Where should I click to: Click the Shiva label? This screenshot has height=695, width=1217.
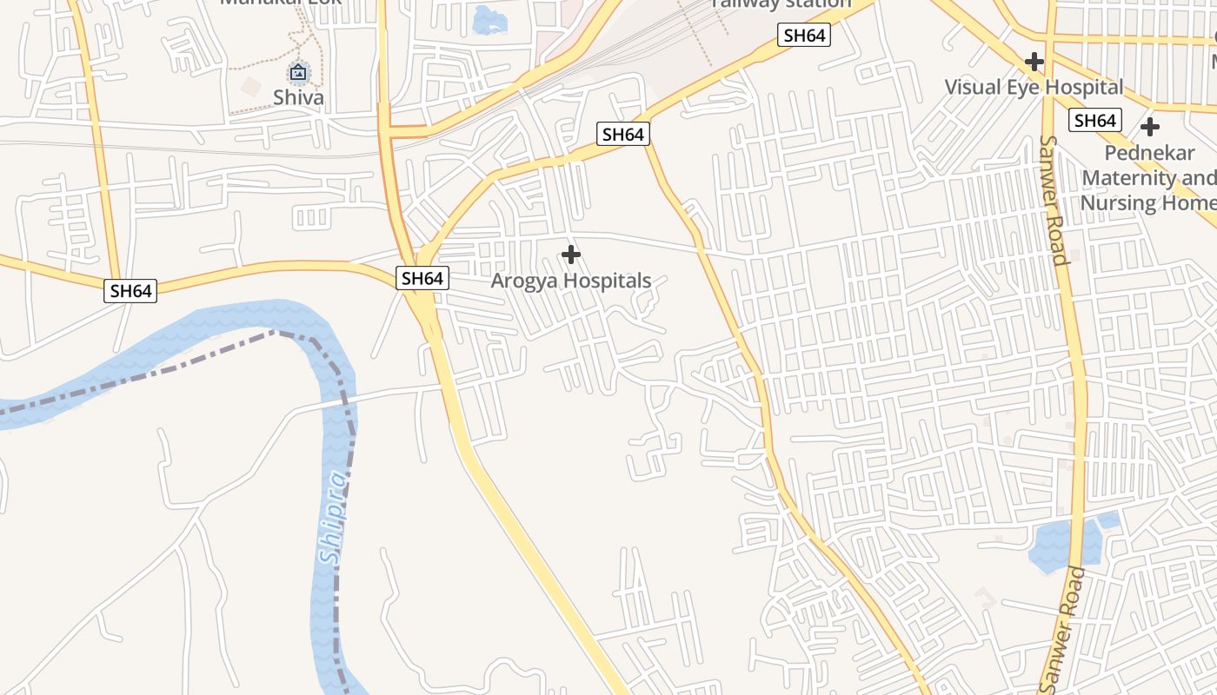click(298, 97)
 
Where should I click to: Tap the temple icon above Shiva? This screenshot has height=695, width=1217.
click(298, 72)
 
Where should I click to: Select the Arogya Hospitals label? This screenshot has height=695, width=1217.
click(571, 281)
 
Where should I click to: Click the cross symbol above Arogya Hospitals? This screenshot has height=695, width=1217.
click(571, 255)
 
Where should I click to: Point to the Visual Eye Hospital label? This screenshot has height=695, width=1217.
click(1034, 87)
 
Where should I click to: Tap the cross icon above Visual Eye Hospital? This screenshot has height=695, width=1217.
click(1034, 62)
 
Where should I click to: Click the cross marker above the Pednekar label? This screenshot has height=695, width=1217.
click(1150, 127)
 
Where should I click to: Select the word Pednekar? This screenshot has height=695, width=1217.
click(1150, 153)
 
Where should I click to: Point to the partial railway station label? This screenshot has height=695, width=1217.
click(781, 4)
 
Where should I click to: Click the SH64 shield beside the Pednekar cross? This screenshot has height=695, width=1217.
click(1095, 120)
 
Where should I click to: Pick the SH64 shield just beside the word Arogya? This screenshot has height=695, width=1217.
click(422, 278)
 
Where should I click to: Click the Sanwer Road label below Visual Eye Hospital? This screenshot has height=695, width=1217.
click(1053, 200)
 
